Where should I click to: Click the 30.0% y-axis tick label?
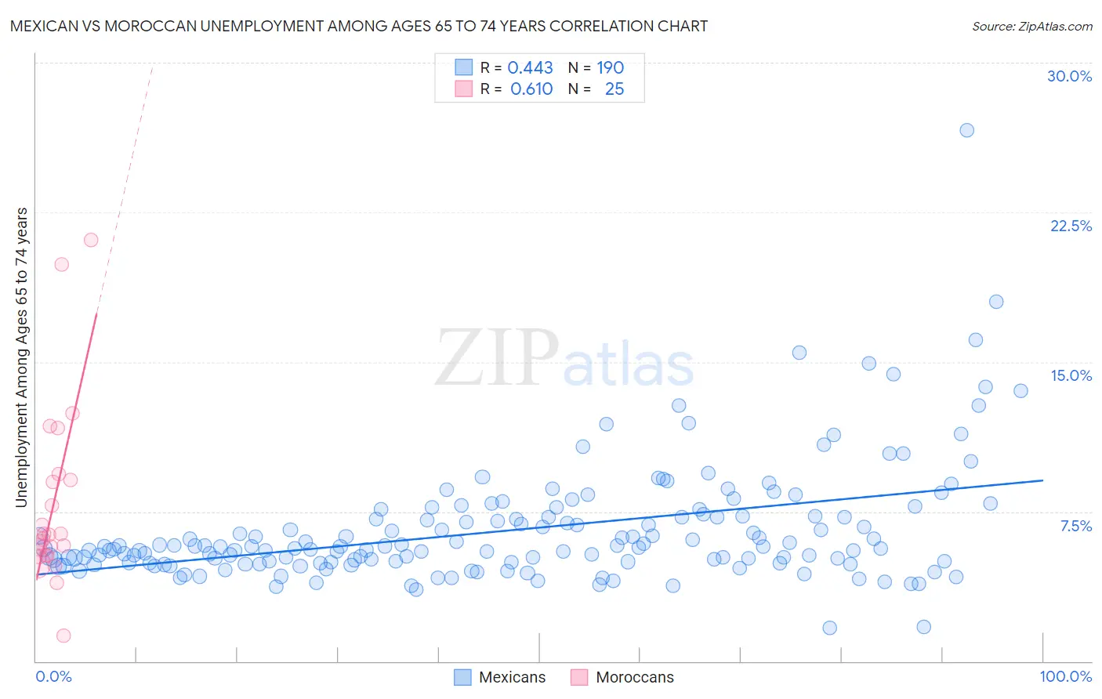[x=1069, y=76]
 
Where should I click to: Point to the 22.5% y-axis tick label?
[x=1071, y=226]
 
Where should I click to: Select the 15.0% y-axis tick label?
[x=1071, y=375]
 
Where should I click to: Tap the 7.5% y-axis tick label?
[x=1075, y=526]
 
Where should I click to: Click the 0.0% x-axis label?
[x=53, y=676]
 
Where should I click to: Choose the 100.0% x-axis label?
[x=1065, y=676]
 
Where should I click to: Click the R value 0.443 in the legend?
[x=530, y=67]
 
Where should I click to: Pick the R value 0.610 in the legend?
[x=531, y=89]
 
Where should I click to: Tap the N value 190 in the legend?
[x=610, y=67]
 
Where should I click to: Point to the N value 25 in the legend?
[x=614, y=89]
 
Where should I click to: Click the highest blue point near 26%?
[x=966, y=130]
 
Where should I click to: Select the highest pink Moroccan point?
[x=91, y=240]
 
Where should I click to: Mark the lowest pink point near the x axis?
[x=63, y=636]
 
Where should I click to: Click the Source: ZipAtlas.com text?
[x=1031, y=26]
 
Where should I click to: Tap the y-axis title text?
[x=21, y=357]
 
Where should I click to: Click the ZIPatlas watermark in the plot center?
[x=564, y=360]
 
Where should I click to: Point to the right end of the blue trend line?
[x=1043, y=480]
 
